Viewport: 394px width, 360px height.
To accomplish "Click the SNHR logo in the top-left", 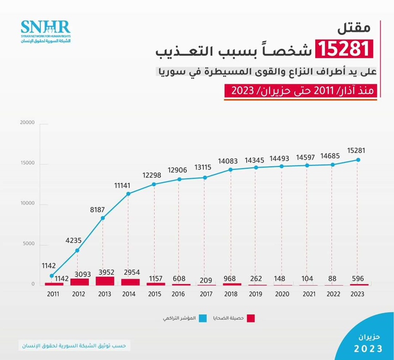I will tap(46, 31).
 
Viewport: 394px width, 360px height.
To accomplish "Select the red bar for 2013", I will tap(105, 281).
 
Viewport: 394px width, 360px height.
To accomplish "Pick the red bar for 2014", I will tap(130, 282).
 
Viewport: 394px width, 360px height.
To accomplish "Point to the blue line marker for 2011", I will tap(51, 276).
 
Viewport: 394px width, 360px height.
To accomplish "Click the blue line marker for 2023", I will tap(358, 159).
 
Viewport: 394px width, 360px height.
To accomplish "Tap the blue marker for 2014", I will tap(128, 194).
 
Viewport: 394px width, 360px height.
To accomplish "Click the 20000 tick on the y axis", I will tap(26, 123).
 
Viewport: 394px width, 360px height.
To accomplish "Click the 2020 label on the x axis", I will tap(281, 294).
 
